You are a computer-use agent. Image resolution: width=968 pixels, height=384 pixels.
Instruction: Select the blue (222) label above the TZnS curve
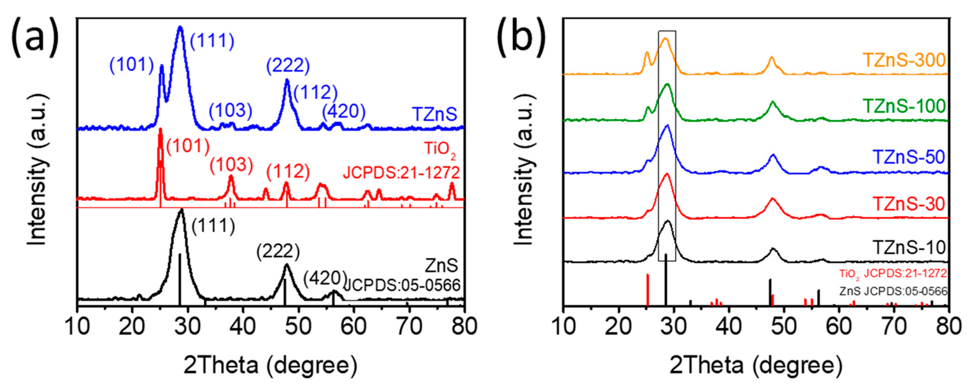pyautogui.click(x=288, y=66)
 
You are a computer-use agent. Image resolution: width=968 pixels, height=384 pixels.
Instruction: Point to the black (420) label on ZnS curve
pyautogui.click(x=325, y=278)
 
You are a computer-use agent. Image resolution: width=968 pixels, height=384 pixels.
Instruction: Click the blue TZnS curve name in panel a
pyautogui.click(x=435, y=114)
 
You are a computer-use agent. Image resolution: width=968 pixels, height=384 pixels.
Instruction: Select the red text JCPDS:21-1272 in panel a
pyautogui.click(x=401, y=173)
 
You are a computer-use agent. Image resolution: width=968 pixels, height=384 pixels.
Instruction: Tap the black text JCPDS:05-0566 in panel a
pyautogui.click(x=402, y=286)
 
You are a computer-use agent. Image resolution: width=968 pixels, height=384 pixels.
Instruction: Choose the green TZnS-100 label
pyautogui.click(x=904, y=106)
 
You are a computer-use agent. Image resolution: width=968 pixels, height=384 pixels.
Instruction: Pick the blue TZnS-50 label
pyautogui.click(x=909, y=157)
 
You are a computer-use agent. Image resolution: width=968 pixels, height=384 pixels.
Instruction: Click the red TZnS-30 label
pyautogui.click(x=909, y=204)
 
